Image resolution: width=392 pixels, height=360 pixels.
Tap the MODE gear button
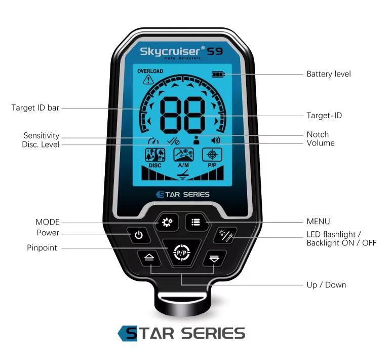coord(167,222)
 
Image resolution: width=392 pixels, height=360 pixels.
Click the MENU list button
coord(195,222)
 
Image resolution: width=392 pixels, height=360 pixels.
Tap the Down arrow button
coord(214,258)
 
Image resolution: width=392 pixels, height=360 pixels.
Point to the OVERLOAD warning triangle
coord(148,80)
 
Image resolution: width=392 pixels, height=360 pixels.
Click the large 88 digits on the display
coord(182,114)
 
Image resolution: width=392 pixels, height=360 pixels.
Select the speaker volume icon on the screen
coord(216,140)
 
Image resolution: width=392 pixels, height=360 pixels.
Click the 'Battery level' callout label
coord(328,74)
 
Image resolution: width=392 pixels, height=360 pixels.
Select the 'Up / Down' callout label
coord(326,285)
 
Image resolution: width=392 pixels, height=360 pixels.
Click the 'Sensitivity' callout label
coord(41,136)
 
